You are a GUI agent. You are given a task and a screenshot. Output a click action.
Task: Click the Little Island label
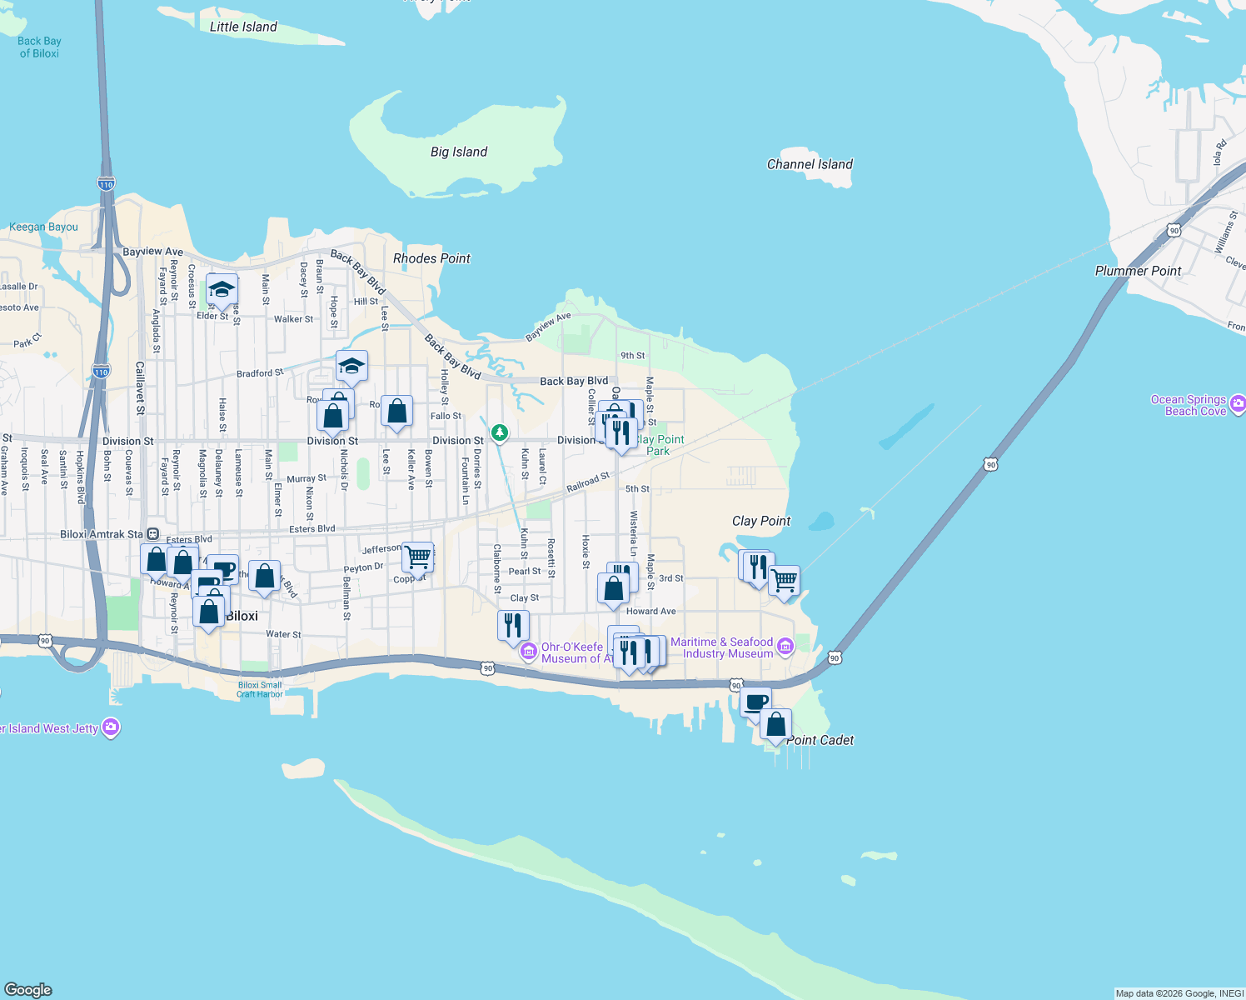243,27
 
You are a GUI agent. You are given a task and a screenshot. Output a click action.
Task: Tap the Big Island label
459,152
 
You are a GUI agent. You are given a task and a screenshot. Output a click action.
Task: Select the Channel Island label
810,164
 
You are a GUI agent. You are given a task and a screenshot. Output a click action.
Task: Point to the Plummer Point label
1138,271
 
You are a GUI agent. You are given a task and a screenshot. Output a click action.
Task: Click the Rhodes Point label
431,258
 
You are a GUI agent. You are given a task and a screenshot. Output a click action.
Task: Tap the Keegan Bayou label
43,227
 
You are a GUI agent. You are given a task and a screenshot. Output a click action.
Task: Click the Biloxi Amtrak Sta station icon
153,534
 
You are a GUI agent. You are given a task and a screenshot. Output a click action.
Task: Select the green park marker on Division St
500,432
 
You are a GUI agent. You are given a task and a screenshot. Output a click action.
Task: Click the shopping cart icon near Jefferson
417,555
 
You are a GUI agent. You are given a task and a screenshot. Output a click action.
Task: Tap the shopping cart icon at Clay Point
784,578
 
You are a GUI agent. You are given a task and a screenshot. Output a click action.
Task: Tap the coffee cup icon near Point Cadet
756,702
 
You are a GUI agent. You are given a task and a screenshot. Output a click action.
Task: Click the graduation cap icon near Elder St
222,289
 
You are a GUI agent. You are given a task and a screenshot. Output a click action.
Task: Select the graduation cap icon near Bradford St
351,366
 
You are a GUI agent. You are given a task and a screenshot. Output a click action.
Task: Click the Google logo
28,990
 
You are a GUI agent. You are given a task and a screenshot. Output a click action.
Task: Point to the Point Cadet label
820,740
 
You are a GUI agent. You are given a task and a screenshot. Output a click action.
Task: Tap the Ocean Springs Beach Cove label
1189,405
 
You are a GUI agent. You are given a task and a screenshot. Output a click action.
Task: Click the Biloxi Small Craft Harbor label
260,689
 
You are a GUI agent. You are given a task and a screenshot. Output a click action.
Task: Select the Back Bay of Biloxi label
39,47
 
